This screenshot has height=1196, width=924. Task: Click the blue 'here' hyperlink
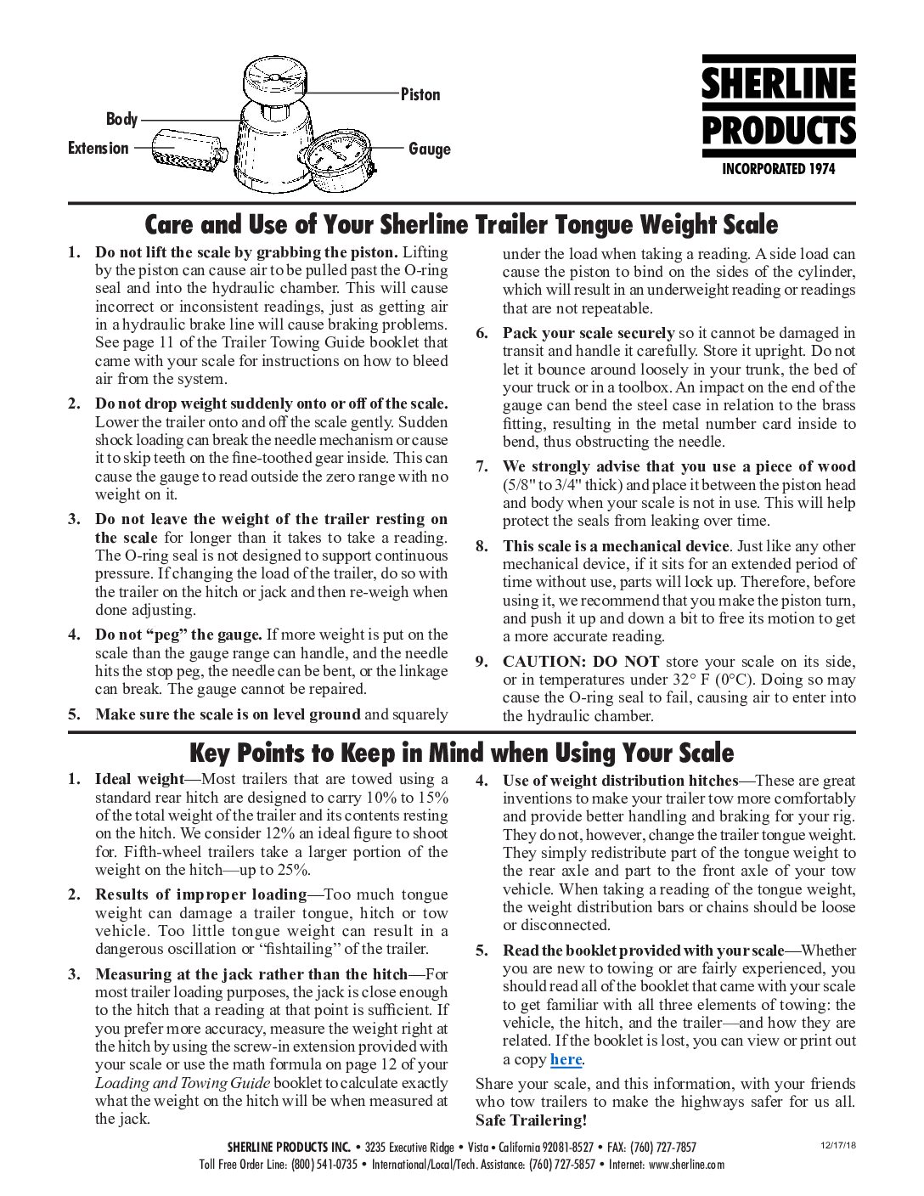pyautogui.click(x=566, y=1059)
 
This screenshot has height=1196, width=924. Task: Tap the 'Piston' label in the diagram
pyautogui.click(x=420, y=94)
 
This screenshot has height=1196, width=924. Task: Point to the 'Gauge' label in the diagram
pyautogui.click(x=429, y=149)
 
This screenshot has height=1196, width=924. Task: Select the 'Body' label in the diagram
pyautogui.click(x=121, y=119)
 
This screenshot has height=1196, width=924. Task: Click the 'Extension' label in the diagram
pyautogui.click(x=99, y=148)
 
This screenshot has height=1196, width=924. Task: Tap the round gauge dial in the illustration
pyautogui.click(x=335, y=161)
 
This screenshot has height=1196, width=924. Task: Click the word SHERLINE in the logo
pyautogui.click(x=778, y=84)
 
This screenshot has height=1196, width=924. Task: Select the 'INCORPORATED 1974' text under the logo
pyautogui.click(x=778, y=169)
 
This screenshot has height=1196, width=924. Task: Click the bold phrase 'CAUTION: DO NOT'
pyautogui.click(x=581, y=662)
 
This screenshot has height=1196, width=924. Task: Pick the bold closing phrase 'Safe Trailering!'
pyautogui.click(x=531, y=1120)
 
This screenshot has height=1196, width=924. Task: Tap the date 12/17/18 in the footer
pyautogui.click(x=838, y=1146)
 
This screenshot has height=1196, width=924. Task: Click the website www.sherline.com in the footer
pyautogui.click(x=686, y=1165)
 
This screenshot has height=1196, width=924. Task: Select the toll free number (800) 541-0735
pyautogui.click(x=324, y=1165)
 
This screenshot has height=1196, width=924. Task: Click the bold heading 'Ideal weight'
pyautogui.click(x=139, y=779)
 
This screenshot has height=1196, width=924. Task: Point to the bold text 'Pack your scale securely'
pyautogui.click(x=588, y=333)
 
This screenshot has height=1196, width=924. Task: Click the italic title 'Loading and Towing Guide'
pyautogui.click(x=183, y=1083)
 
